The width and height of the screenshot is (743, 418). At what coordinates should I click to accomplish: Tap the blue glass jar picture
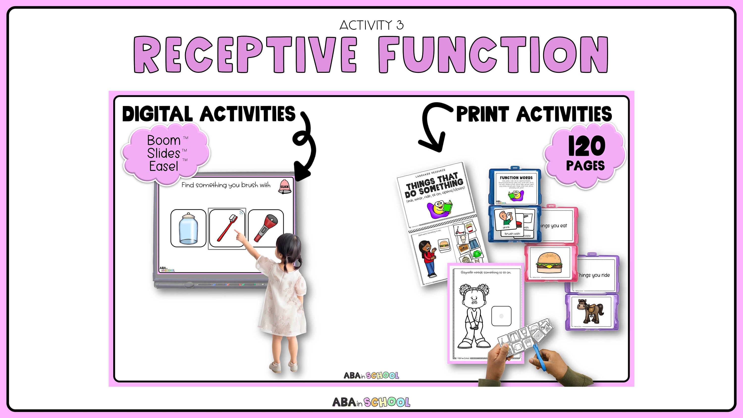188,229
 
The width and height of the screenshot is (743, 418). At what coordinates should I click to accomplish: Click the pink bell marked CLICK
285,186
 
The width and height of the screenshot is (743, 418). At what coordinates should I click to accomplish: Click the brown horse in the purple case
590,311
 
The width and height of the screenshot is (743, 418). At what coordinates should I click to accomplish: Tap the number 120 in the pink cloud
586,146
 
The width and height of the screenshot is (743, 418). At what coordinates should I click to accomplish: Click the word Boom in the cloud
163,140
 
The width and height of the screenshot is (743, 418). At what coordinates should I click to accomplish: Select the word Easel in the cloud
163,166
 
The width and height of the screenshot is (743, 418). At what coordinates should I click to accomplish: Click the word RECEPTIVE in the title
245,55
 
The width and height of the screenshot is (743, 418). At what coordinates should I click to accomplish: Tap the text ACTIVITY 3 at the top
371,26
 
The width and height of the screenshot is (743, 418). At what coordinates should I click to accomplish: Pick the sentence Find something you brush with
226,185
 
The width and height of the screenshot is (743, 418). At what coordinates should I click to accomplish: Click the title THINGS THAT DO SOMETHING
434,185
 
